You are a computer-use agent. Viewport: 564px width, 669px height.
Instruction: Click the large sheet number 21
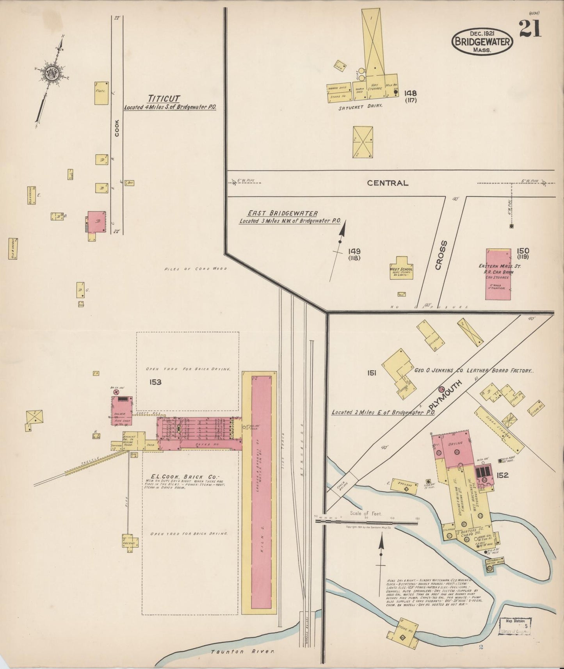530,29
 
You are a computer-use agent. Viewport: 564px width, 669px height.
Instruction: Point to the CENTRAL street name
387,183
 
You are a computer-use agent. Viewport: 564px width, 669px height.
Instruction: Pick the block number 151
371,373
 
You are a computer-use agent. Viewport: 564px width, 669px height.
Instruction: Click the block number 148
410,93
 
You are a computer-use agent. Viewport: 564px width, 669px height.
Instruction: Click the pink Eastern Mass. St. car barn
498,274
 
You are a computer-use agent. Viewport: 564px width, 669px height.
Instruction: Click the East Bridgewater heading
282,214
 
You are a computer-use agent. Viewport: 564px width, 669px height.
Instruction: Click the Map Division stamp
515,621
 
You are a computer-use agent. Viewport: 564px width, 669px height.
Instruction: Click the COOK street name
117,128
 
